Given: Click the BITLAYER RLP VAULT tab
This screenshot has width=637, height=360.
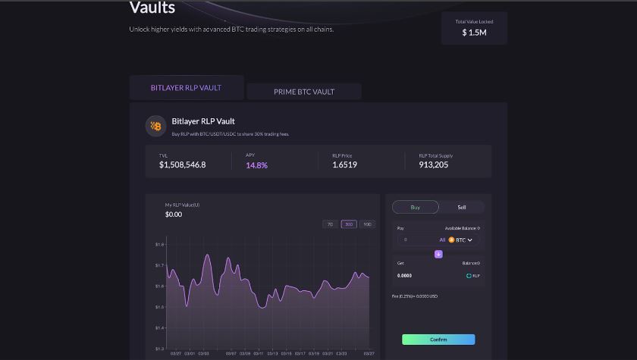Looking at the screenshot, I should click(x=186, y=88).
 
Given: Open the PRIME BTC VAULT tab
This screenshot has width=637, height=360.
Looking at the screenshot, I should click(x=304, y=92).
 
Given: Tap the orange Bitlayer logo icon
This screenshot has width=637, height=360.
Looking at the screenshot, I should click(x=155, y=126).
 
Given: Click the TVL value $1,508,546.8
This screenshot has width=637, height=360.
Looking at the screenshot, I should click(x=182, y=164).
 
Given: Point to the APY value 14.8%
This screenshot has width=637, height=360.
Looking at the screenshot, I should click(x=256, y=164).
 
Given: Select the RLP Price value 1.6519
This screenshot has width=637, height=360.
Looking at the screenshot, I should click(x=344, y=164).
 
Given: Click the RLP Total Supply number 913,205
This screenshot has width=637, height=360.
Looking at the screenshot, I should click(x=433, y=164).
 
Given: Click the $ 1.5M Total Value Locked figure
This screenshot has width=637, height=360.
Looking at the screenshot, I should click(x=474, y=33).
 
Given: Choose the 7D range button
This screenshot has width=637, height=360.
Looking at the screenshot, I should click(x=330, y=224).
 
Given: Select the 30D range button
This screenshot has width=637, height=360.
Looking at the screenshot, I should click(x=349, y=224).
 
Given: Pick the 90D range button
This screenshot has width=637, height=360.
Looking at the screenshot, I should click(x=367, y=224).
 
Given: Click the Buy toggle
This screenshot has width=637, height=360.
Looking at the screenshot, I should click(x=416, y=207).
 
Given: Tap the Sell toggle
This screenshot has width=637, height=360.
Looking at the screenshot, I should click(x=462, y=207).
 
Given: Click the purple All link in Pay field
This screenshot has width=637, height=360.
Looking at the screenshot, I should click(x=442, y=239).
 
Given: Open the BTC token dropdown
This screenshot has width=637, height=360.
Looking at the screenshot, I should click(x=461, y=239).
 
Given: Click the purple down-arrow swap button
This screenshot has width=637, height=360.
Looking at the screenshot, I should click(x=438, y=254).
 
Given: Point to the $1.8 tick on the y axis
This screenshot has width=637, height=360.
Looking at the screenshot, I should click(x=159, y=245).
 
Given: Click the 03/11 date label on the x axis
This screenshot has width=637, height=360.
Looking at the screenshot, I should click(x=259, y=353).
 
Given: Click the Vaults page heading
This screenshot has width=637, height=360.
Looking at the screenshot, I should click(x=152, y=8).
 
